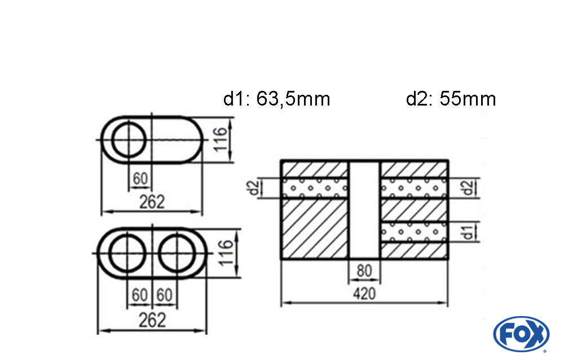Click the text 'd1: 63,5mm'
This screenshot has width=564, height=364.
pos(276,99)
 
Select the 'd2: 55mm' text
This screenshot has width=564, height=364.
pos(451,99)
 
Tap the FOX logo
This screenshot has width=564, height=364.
pos(521,334)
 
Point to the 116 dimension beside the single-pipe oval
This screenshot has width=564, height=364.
pos(221,139)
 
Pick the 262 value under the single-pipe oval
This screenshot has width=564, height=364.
pos(152,201)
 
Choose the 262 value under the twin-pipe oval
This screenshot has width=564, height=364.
pos(152,320)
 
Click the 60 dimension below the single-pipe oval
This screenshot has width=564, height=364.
pos(140,179)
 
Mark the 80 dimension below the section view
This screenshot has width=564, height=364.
pos(364,271)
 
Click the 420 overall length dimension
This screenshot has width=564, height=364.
pos(364,293)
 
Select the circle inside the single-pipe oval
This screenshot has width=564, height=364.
pos(129,139)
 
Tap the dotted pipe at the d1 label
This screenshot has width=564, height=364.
pos(415,231)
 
